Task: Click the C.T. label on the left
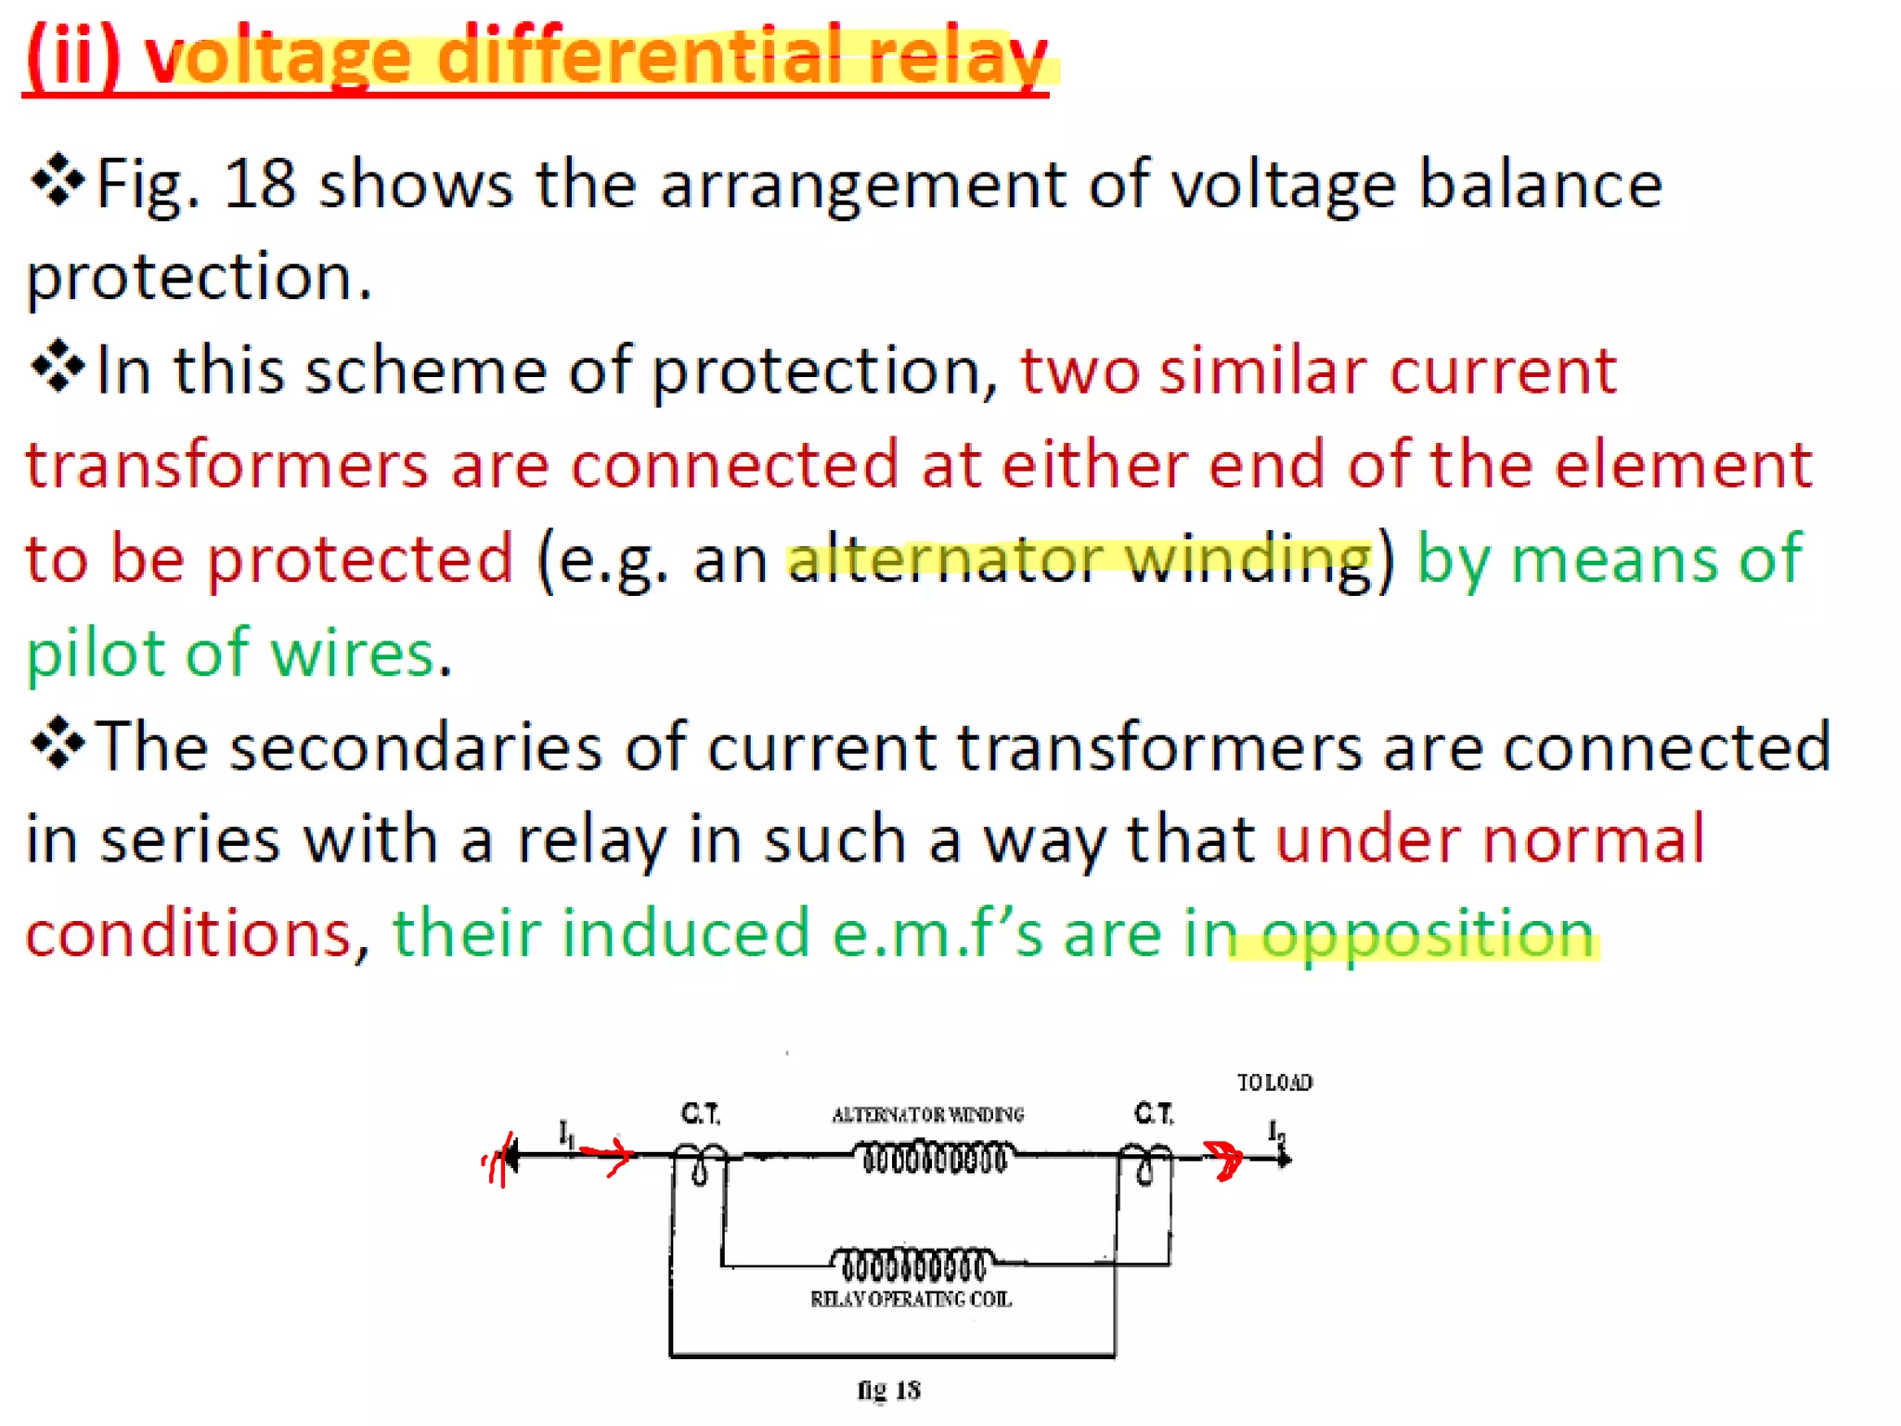point(700,1113)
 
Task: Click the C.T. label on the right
point(1153,1113)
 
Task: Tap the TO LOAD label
point(1274,1082)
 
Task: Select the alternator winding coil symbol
point(933,1159)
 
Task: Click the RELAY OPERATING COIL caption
point(911,1300)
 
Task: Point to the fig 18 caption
point(888,1390)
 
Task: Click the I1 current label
point(566,1134)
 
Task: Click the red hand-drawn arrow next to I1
point(607,1155)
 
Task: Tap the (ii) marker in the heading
point(73,58)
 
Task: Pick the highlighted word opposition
point(1428,934)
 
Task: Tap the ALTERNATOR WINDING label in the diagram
point(927,1114)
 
